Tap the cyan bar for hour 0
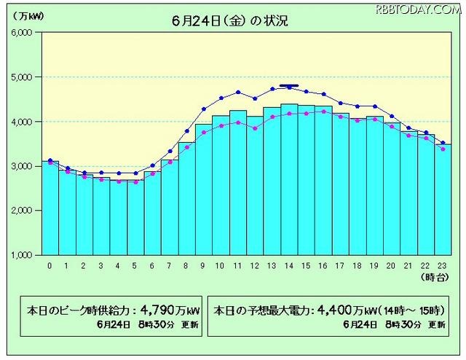click(50, 208)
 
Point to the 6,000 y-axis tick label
click(20, 32)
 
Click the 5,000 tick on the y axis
click(20, 77)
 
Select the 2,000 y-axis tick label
click(20, 210)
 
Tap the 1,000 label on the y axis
click(20, 254)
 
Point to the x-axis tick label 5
click(135, 266)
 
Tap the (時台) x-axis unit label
click(435, 278)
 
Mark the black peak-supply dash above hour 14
click(289, 86)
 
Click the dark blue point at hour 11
click(238, 92)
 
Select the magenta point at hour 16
click(323, 111)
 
